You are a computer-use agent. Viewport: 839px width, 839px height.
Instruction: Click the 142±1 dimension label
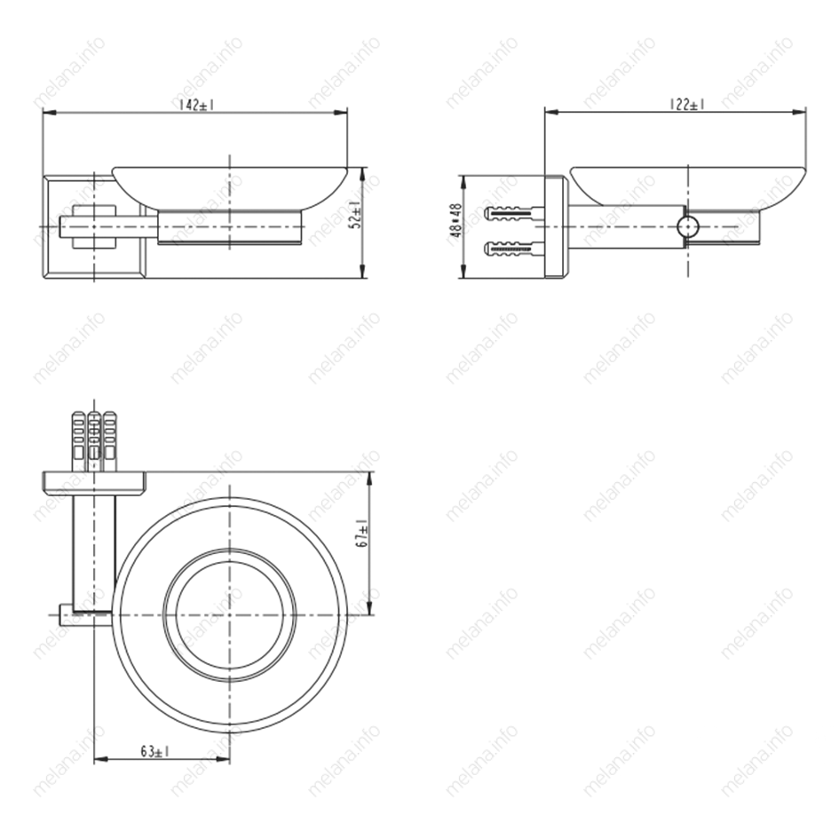pyautogui.click(x=196, y=105)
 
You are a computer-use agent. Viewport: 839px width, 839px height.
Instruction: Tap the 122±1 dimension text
pyautogui.click(x=687, y=105)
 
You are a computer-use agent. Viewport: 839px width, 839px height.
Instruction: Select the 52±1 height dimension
pyautogui.click(x=356, y=215)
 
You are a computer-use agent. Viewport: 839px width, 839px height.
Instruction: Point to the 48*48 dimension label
pyautogui.click(x=455, y=220)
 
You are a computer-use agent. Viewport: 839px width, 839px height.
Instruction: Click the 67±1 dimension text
pyautogui.click(x=363, y=533)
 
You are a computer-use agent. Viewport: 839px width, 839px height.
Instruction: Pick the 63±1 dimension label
pyautogui.click(x=155, y=752)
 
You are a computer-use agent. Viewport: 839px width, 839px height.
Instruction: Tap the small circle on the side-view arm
pyautogui.click(x=687, y=227)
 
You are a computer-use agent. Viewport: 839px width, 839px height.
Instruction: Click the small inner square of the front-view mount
pyautogui.click(x=93, y=227)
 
